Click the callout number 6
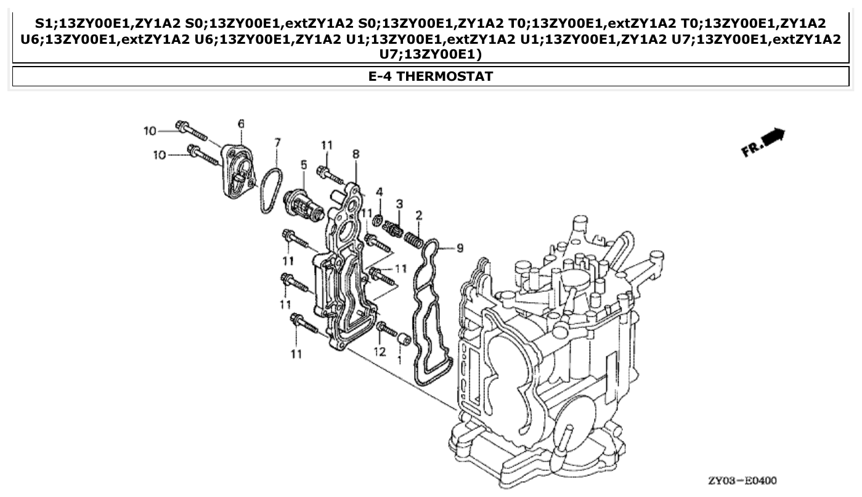(241, 124)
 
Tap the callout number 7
(277, 142)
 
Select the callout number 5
(304, 165)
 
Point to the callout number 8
(356, 154)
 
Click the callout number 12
(380, 351)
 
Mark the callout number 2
(419, 215)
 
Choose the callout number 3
(399, 203)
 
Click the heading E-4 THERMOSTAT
(431, 76)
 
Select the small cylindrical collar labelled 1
(404, 339)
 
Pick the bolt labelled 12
(386, 330)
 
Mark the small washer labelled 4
(378, 220)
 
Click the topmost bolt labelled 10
(190, 130)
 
